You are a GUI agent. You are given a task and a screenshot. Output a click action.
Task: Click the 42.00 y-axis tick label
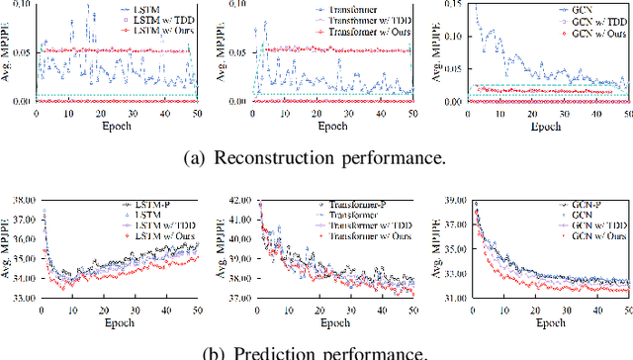tap(236, 200)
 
